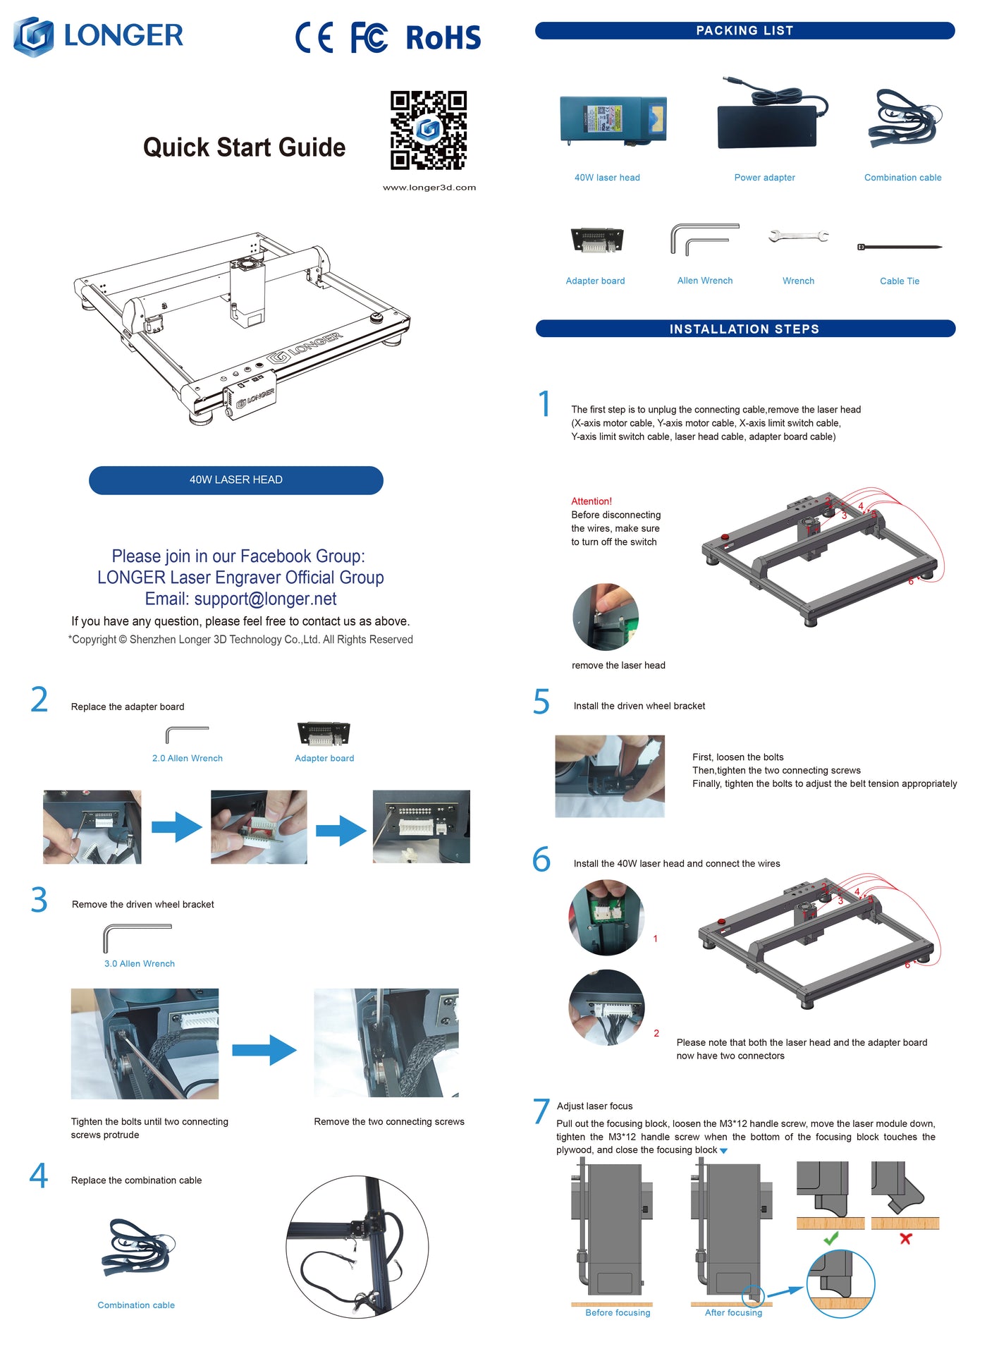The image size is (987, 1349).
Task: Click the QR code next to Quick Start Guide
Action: coord(429,130)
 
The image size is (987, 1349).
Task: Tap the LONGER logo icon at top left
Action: coord(34,37)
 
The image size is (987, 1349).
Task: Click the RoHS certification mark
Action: coord(443,38)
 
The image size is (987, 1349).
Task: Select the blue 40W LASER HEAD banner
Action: coord(235,480)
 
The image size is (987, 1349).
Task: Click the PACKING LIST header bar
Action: coord(744,30)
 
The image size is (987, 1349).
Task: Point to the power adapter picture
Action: coord(771,117)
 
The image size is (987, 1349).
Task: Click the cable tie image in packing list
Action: coord(900,247)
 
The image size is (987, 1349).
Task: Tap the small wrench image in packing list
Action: coord(798,236)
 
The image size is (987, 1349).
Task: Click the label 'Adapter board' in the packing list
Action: coord(595,281)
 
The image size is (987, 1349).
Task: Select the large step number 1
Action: coord(544,404)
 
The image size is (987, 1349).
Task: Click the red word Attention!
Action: coord(591,501)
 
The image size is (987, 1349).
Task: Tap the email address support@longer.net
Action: coord(265,599)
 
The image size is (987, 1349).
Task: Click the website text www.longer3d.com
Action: coord(429,188)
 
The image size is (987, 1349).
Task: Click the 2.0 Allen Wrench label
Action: coord(188,758)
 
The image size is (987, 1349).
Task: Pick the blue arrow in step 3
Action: coord(264,1050)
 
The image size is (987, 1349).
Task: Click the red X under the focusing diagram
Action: coord(906,1238)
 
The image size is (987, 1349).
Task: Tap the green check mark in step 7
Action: coord(831,1238)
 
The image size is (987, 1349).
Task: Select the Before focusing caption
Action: coord(618,1312)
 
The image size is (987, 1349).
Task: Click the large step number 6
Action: coord(541,860)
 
